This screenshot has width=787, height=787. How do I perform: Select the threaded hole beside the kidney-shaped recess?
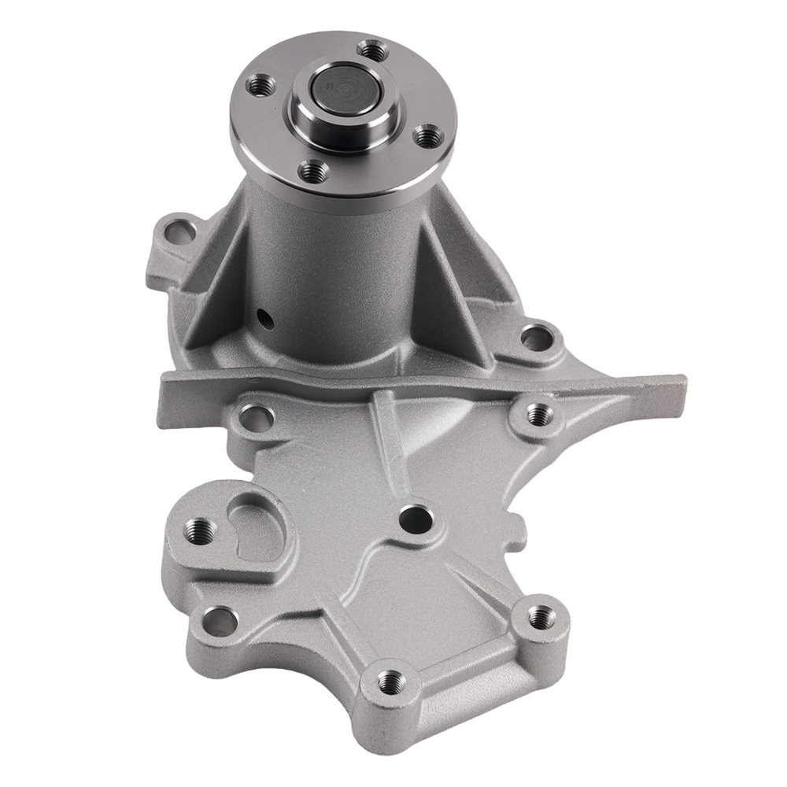click(x=198, y=528)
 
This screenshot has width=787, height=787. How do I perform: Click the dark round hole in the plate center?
click(x=412, y=519)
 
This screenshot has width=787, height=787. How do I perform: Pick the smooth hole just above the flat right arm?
click(x=537, y=338)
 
